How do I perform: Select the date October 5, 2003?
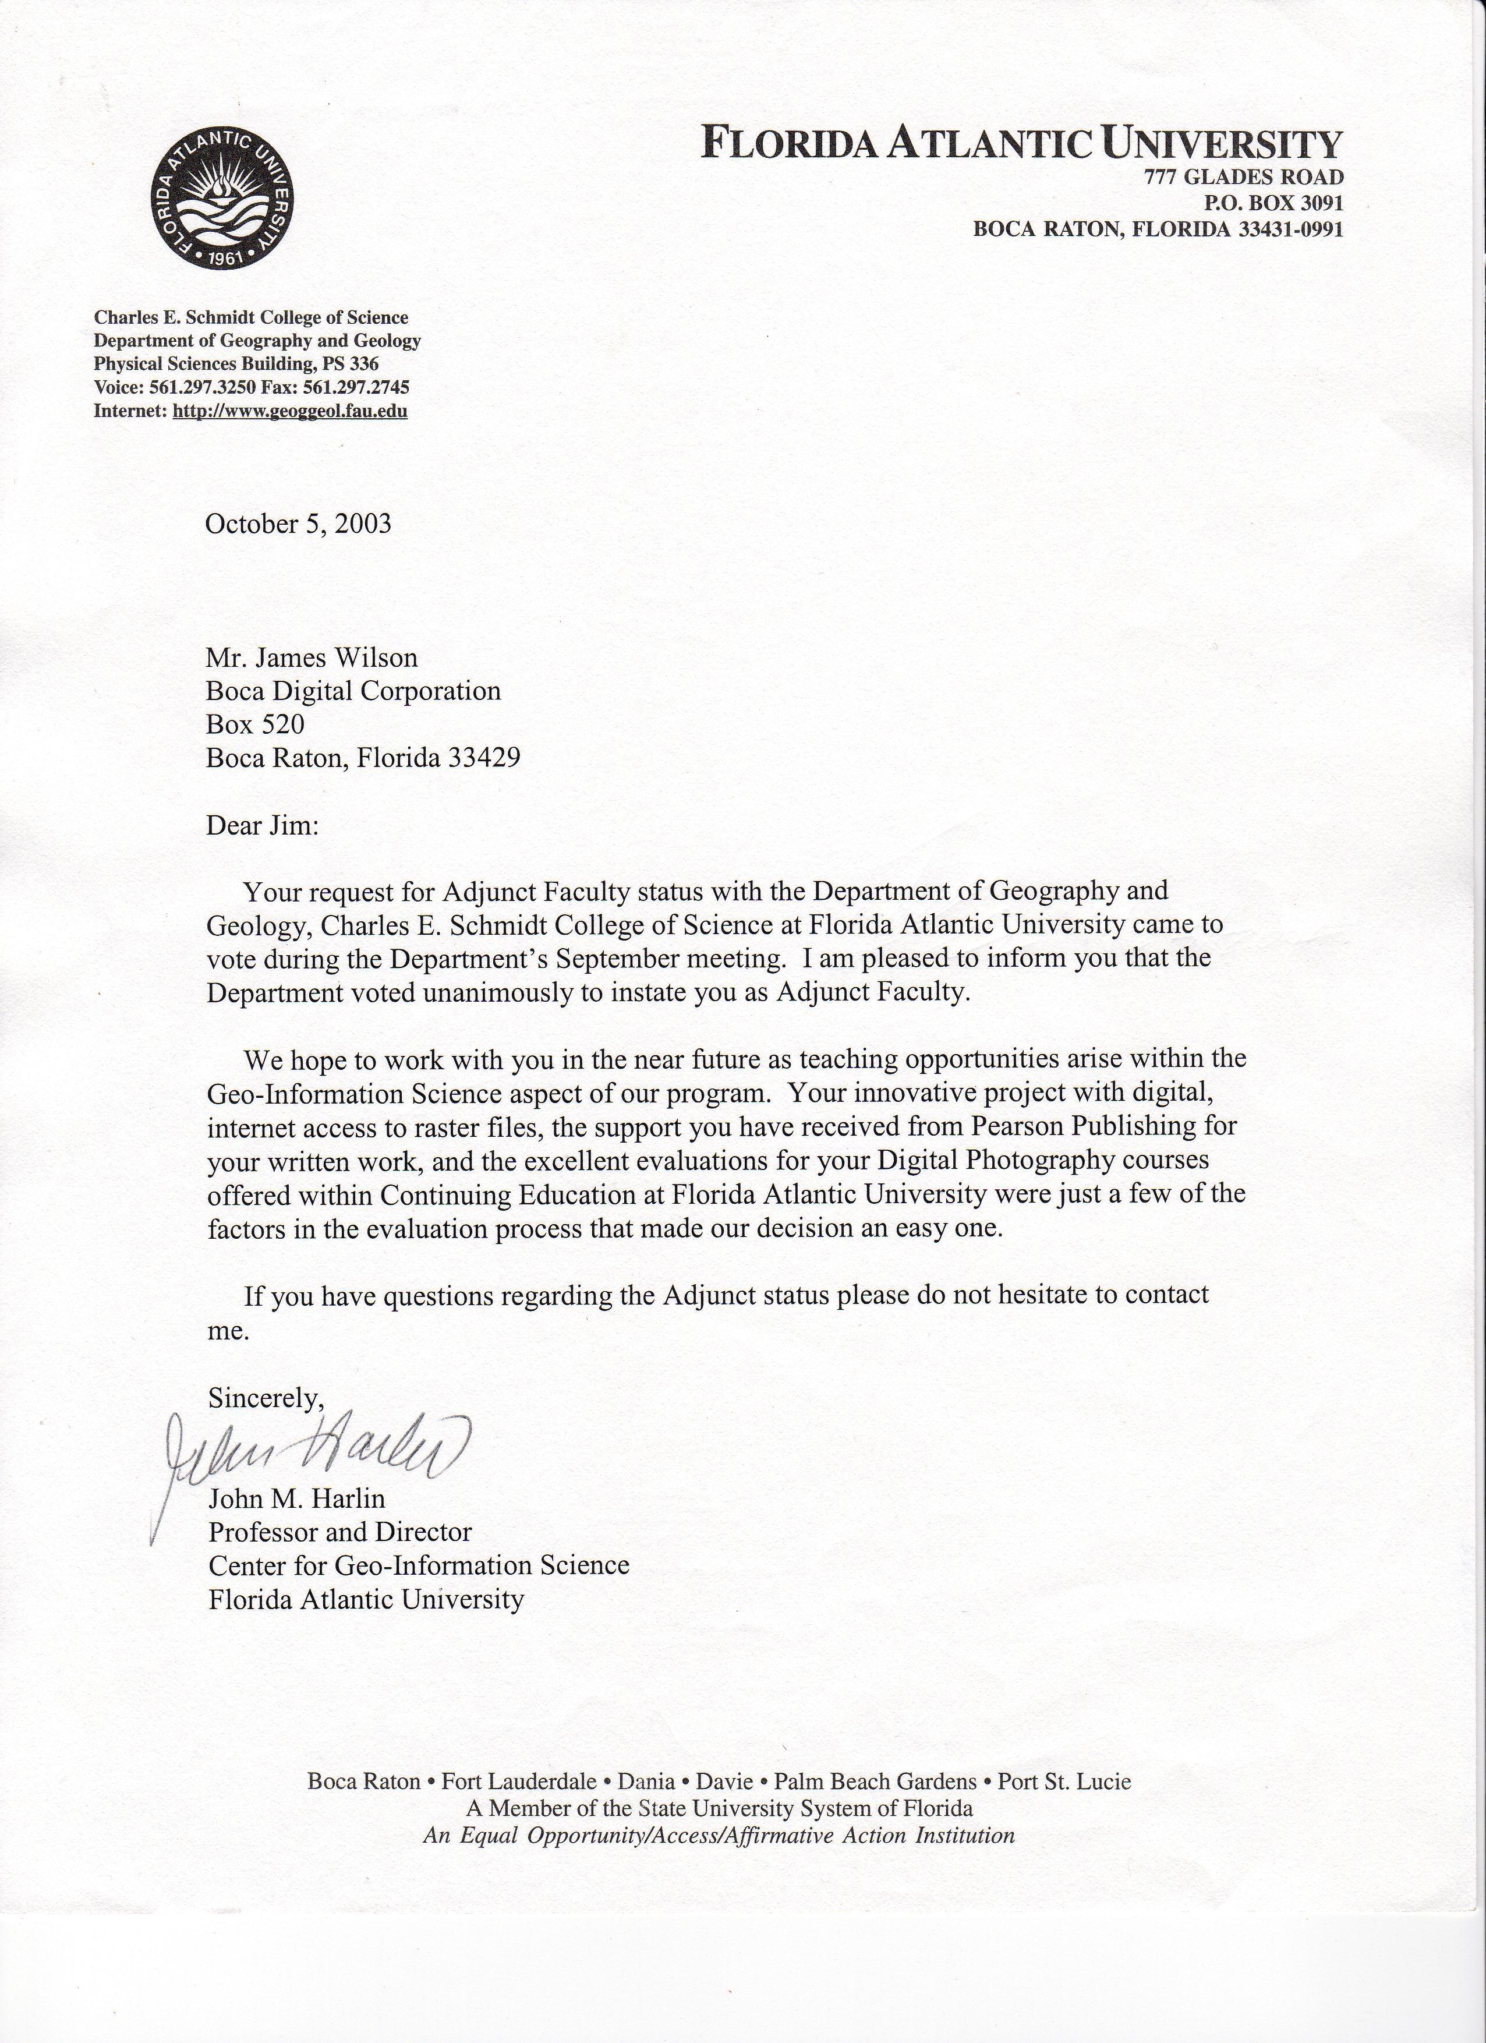[x=298, y=524]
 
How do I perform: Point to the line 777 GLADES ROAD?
[x=1244, y=178]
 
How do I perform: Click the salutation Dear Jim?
[x=262, y=825]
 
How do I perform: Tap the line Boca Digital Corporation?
[x=353, y=691]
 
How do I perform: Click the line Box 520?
[x=255, y=724]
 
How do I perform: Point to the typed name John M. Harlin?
[x=296, y=1498]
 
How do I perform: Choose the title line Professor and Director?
[x=339, y=1531]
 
